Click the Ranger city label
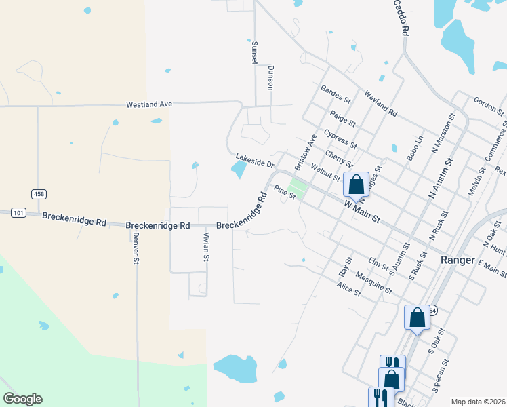point(459,260)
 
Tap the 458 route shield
point(39,195)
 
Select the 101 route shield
point(19,213)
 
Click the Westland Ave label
point(149,104)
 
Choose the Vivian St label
point(207,246)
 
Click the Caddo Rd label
point(401,18)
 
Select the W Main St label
point(362,212)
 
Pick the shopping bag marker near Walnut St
point(356,184)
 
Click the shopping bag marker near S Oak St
point(416,317)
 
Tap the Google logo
point(22,399)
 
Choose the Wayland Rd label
point(380,102)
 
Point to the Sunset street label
point(255,50)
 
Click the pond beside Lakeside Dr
point(238,170)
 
